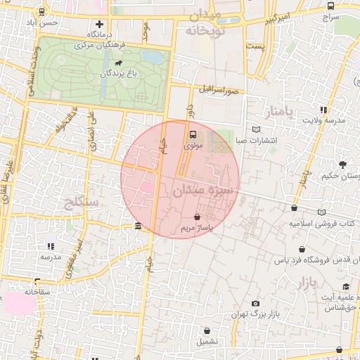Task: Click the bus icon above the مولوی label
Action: click(193, 134)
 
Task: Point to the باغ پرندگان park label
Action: click(106, 73)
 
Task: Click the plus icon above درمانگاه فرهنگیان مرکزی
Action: click(100, 24)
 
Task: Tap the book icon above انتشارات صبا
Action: click(255, 129)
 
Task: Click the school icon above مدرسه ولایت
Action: click(323, 110)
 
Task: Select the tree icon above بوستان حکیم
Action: click(342, 165)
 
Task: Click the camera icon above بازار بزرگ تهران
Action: click(255, 303)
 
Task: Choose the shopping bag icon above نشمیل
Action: click(207, 330)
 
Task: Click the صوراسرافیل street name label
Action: click(217, 91)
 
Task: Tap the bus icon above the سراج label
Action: click(330, 6)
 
